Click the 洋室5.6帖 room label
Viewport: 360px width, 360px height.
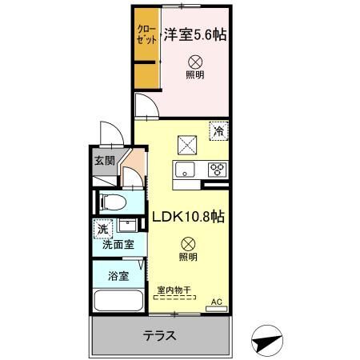(x=195, y=34)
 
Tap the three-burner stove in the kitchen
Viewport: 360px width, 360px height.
(x=217, y=169)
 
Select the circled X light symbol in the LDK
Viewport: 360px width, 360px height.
(x=186, y=243)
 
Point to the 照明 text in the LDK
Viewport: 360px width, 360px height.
(x=186, y=258)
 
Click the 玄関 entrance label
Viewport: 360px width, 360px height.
(x=104, y=160)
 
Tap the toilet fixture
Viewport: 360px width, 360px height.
(x=113, y=201)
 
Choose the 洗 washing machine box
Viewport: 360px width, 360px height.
(x=102, y=230)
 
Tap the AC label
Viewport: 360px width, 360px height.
(x=215, y=302)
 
